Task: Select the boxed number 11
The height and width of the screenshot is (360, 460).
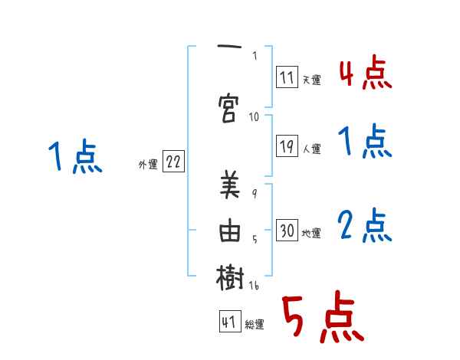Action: click(x=287, y=77)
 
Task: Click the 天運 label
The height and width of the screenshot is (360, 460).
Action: click(x=311, y=80)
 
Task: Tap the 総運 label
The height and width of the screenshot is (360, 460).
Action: click(x=255, y=325)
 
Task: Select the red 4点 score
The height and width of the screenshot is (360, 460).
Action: click(x=365, y=74)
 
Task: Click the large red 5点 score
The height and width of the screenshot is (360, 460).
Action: click(x=321, y=319)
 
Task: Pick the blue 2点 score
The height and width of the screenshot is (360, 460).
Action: click(x=365, y=226)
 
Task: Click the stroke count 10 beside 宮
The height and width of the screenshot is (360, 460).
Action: click(x=255, y=116)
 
